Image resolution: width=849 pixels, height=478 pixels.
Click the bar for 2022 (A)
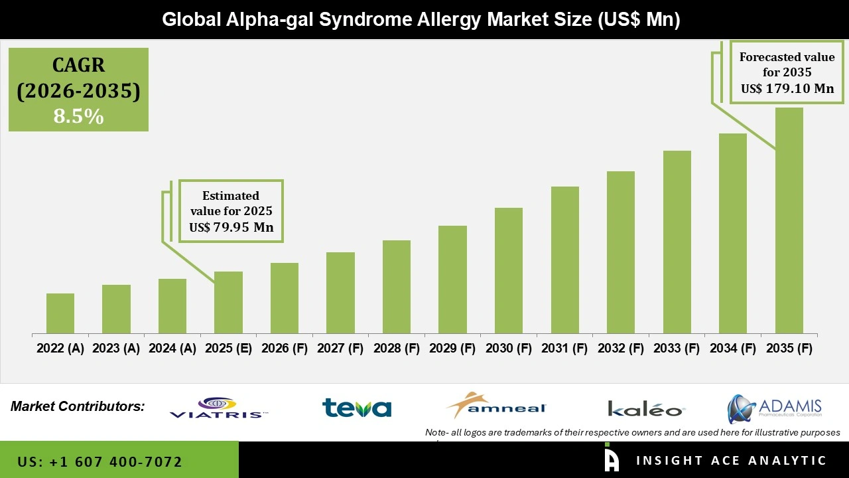[x=60, y=313]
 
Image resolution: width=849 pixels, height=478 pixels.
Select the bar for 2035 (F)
[x=789, y=220]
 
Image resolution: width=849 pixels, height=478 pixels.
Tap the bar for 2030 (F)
[x=509, y=270]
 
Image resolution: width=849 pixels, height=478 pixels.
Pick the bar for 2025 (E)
[x=228, y=302]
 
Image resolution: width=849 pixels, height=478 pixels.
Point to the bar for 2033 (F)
[x=677, y=242]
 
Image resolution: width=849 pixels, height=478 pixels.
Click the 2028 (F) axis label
[x=397, y=349]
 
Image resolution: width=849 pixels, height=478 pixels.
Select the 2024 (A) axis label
[x=172, y=349]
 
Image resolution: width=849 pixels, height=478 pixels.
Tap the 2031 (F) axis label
[x=564, y=349]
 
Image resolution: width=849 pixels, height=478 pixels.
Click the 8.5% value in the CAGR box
[x=78, y=117]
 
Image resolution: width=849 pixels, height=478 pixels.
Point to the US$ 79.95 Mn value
[x=231, y=228]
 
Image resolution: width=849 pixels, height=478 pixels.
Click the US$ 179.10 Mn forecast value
[x=787, y=88]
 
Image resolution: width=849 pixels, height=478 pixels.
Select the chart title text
[x=421, y=20]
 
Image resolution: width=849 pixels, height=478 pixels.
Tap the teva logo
[x=357, y=408]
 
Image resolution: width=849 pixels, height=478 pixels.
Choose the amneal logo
[x=496, y=406]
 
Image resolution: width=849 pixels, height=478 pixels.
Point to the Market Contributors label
[x=78, y=406]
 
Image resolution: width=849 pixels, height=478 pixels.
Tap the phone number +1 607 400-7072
[x=100, y=461]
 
